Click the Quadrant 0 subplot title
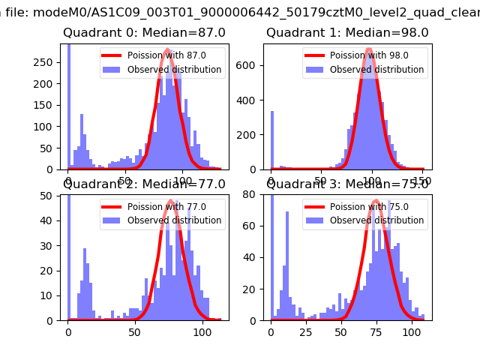[x=144, y=32]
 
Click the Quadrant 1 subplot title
[x=347, y=32]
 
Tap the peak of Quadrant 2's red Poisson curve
[x=171, y=201]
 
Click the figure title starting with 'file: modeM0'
[x=240, y=9]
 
